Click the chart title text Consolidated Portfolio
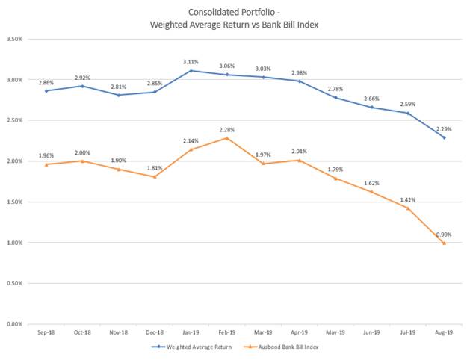(233, 12)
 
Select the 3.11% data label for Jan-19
(191, 61)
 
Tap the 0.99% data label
(444, 233)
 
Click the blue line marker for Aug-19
(444, 137)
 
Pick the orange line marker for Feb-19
(226, 138)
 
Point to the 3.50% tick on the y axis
(16, 38)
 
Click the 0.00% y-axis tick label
(16, 324)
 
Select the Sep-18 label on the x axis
(47, 334)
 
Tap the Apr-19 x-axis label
(300, 334)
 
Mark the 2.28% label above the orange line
(226, 128)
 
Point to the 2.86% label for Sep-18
(47, 81)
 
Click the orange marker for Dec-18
(155, 176)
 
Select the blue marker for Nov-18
(119, 95)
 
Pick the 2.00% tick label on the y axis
(16, 161)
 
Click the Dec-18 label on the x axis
(155, 334)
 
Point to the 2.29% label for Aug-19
(444, 128)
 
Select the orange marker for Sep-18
(47, 164)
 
